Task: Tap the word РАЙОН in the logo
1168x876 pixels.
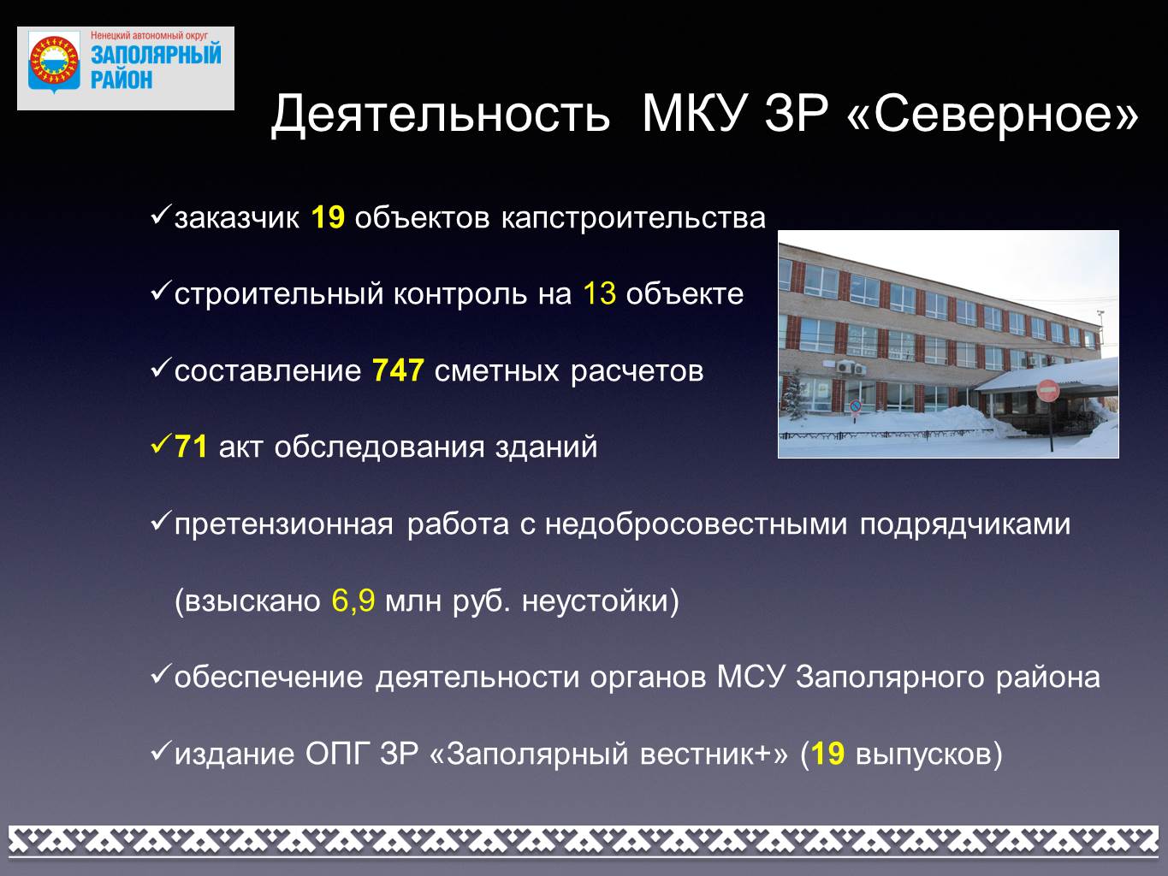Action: pos(122,80)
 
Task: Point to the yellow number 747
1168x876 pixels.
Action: pos(398,370)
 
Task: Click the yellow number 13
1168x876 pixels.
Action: pos(600,293)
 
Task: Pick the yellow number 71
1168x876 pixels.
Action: pos(191,447)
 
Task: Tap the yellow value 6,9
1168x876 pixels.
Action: pos(353,601)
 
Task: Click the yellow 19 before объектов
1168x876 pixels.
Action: pos(328,217)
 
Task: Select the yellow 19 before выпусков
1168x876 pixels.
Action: pos(828,754)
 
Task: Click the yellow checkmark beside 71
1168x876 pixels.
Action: pos(161,444)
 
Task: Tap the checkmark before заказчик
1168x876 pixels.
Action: pos(161,215)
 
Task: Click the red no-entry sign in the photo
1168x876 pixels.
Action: pos(1047,391)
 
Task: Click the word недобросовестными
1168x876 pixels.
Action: pos(696,524)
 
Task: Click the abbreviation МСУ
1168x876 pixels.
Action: pos(750,678)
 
